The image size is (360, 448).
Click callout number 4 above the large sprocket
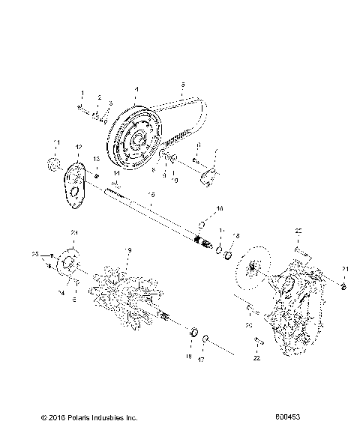pyautogui.click(x=135, y=91)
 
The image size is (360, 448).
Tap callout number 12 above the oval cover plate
pyautogui.click(x=77, y=146)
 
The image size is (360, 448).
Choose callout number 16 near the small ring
pyautogui.click(x=219, y=208)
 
